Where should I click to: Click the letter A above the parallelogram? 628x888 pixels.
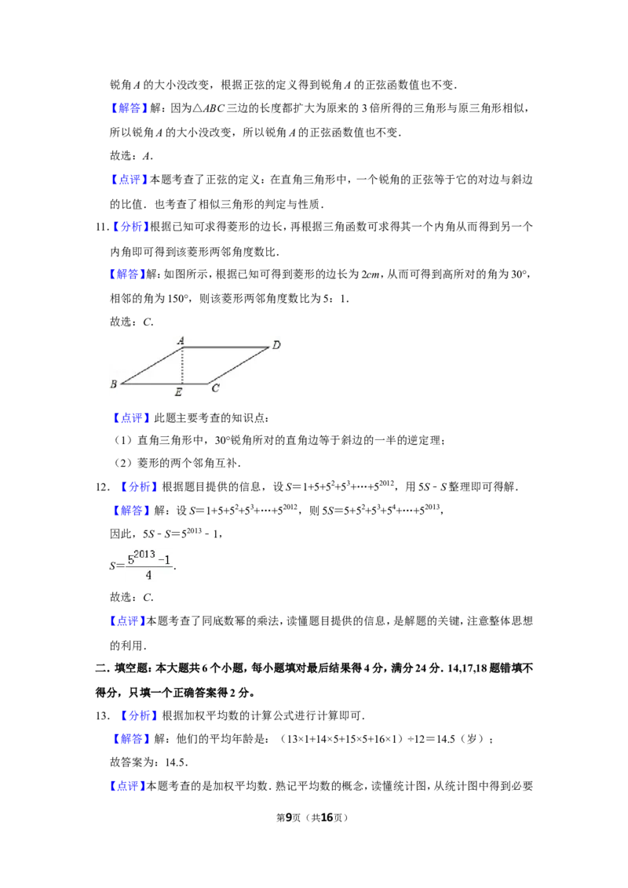pos(181,340)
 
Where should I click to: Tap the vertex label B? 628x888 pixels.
pos(113,384)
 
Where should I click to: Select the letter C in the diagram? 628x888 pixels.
pos(215,388)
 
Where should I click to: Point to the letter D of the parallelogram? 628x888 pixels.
pos(276,345)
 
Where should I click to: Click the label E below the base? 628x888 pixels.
pos(179,391)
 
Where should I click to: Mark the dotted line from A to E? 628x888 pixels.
pos(182,366)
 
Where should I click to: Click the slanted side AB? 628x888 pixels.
pos(152,366)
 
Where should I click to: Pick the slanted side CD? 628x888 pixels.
pos(239,366)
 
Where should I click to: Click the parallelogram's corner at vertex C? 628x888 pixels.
pos(209,384)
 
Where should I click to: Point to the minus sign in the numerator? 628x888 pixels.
pos(161,559)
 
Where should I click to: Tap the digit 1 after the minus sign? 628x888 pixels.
pos(168,559)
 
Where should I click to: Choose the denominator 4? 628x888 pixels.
pos(148,576)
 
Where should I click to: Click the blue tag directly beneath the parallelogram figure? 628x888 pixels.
pos(131,418)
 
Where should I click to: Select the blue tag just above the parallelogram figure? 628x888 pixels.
pos(127,275)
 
